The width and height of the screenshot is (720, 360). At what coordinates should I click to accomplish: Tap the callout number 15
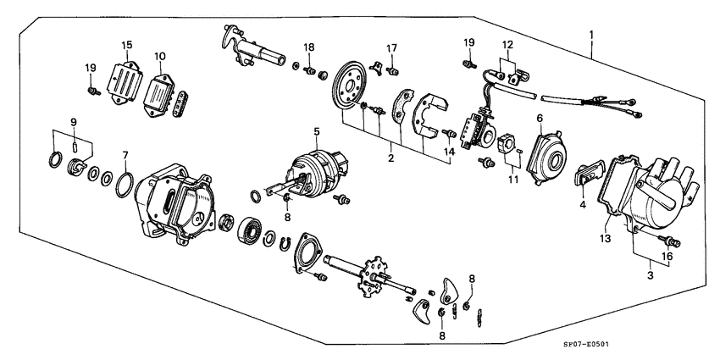coord(126,44)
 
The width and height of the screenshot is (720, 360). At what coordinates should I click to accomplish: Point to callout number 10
coord(159,57)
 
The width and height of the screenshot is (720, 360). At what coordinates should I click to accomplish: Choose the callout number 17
coord(392,47)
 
